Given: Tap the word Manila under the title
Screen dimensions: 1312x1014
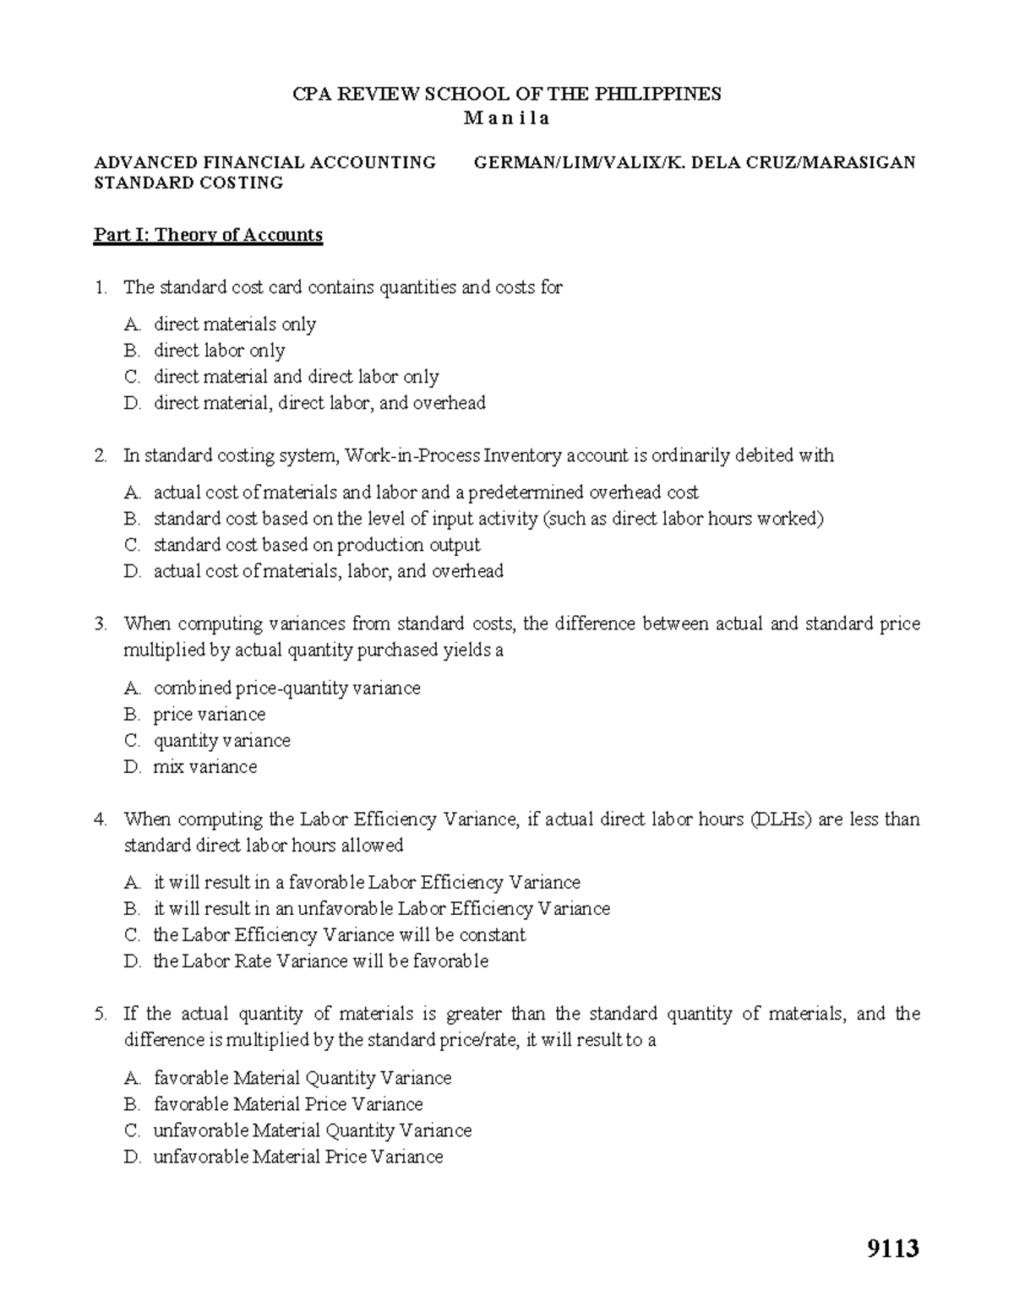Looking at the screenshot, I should [x=506, y=118].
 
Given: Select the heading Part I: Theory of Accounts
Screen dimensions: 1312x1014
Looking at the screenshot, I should [x=208, y=235].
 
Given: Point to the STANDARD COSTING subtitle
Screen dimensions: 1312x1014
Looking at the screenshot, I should [x=188, y=182].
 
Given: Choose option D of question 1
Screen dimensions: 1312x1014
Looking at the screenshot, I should [x=319, y=403].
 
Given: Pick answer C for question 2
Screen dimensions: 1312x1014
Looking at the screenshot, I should [x=316, y=545].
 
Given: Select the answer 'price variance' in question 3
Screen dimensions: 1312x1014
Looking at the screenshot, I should [x=209, y=715].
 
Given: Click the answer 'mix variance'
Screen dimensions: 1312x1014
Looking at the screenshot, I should [x=204, y=767].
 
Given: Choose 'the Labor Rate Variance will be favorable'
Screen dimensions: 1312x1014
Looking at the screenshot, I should [x=320, y=961].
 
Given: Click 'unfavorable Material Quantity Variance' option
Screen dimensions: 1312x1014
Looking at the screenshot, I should [x=312, y=1130].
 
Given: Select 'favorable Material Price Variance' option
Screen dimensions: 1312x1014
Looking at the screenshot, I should [x=287, y=1104].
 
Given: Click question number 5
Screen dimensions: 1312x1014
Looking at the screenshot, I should [x=101, y=1014].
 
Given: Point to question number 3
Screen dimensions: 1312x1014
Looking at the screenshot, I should [x=101, y=624].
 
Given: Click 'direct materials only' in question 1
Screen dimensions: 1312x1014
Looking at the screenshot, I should [x=234, y=324].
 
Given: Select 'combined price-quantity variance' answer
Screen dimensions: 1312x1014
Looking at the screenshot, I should [x=286, y=689].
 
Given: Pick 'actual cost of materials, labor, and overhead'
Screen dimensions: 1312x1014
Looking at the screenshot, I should [x=328, y=571].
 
